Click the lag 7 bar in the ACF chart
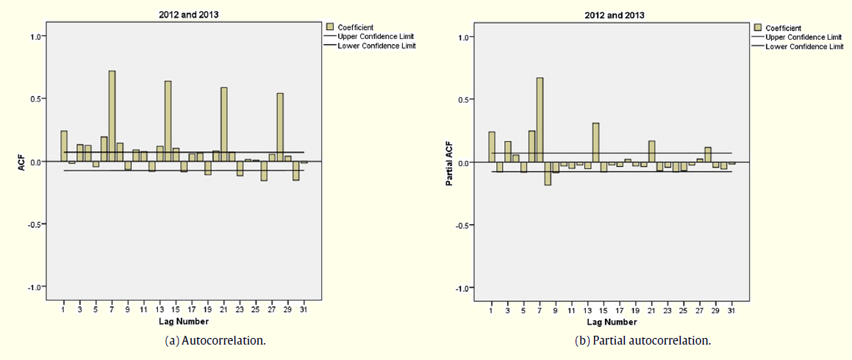112,116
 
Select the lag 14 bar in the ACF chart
168,121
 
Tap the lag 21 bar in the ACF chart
223,124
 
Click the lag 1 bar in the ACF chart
64,146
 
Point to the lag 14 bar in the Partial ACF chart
595,143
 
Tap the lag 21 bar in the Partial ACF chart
651,151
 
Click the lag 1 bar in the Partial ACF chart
492,147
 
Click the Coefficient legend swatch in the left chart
330,28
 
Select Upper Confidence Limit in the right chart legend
803,37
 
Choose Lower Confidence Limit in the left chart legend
376,46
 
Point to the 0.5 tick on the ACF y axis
35,98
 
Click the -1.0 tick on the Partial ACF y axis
462,287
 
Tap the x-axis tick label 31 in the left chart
304,310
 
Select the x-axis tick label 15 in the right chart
604,311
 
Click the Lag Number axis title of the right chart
611,322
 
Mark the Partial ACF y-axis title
448,162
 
